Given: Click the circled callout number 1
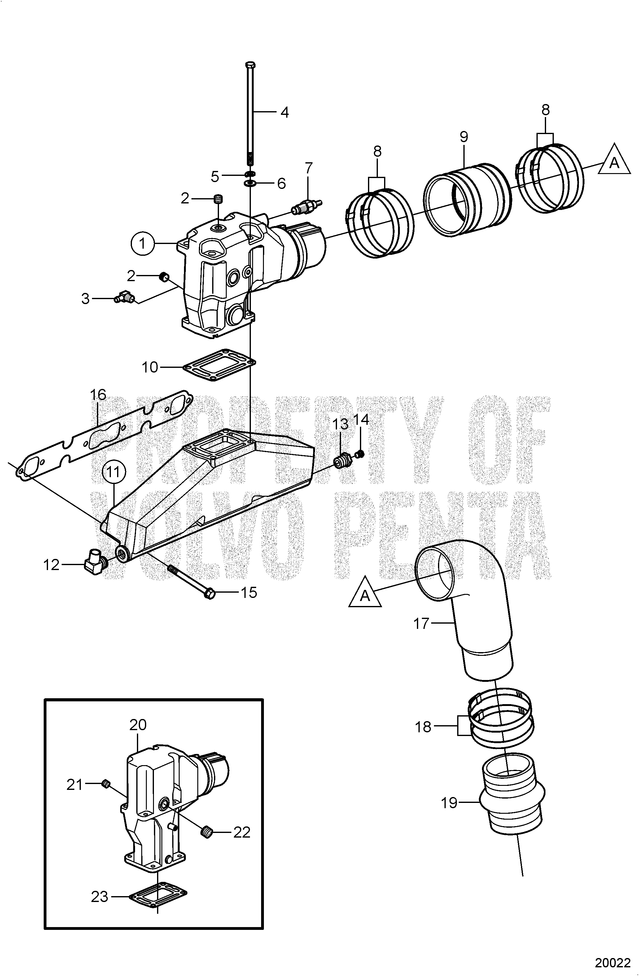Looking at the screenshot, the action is coord(142,244).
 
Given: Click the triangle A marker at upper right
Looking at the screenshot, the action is coord(614,160).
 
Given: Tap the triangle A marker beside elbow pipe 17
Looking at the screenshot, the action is coord(365,592).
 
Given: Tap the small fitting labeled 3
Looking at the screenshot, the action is coord(123,297).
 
